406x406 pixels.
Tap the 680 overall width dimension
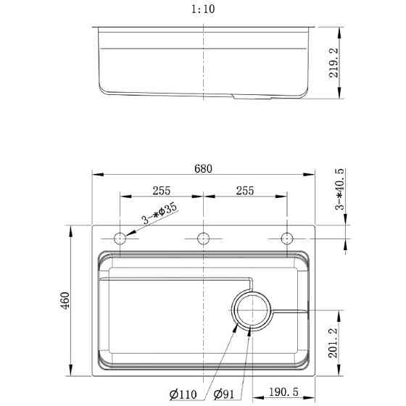[x=203, y=169]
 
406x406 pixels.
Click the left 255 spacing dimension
[x=161, y=191]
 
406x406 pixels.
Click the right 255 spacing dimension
[x=245, y=191]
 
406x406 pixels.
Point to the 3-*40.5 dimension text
[x=340, y=190]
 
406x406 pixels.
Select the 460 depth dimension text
[x=65, y=299]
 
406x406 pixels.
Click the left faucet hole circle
[x=120, y=238]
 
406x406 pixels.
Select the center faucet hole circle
[x=203, y=238]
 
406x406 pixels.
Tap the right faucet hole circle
[x=286, y=238]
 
